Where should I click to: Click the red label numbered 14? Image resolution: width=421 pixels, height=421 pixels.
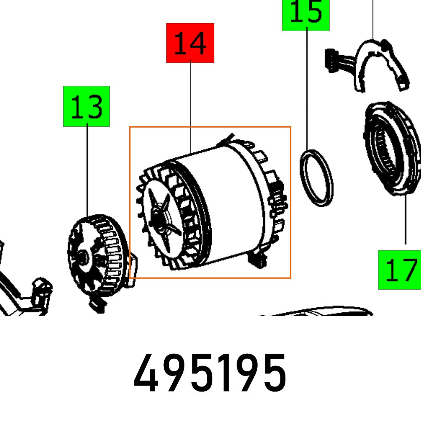[x=190, y=43]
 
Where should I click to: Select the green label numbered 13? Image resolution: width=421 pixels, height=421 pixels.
[x=86, y=106]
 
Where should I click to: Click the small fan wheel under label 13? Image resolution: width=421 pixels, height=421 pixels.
[x=95, y=261]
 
